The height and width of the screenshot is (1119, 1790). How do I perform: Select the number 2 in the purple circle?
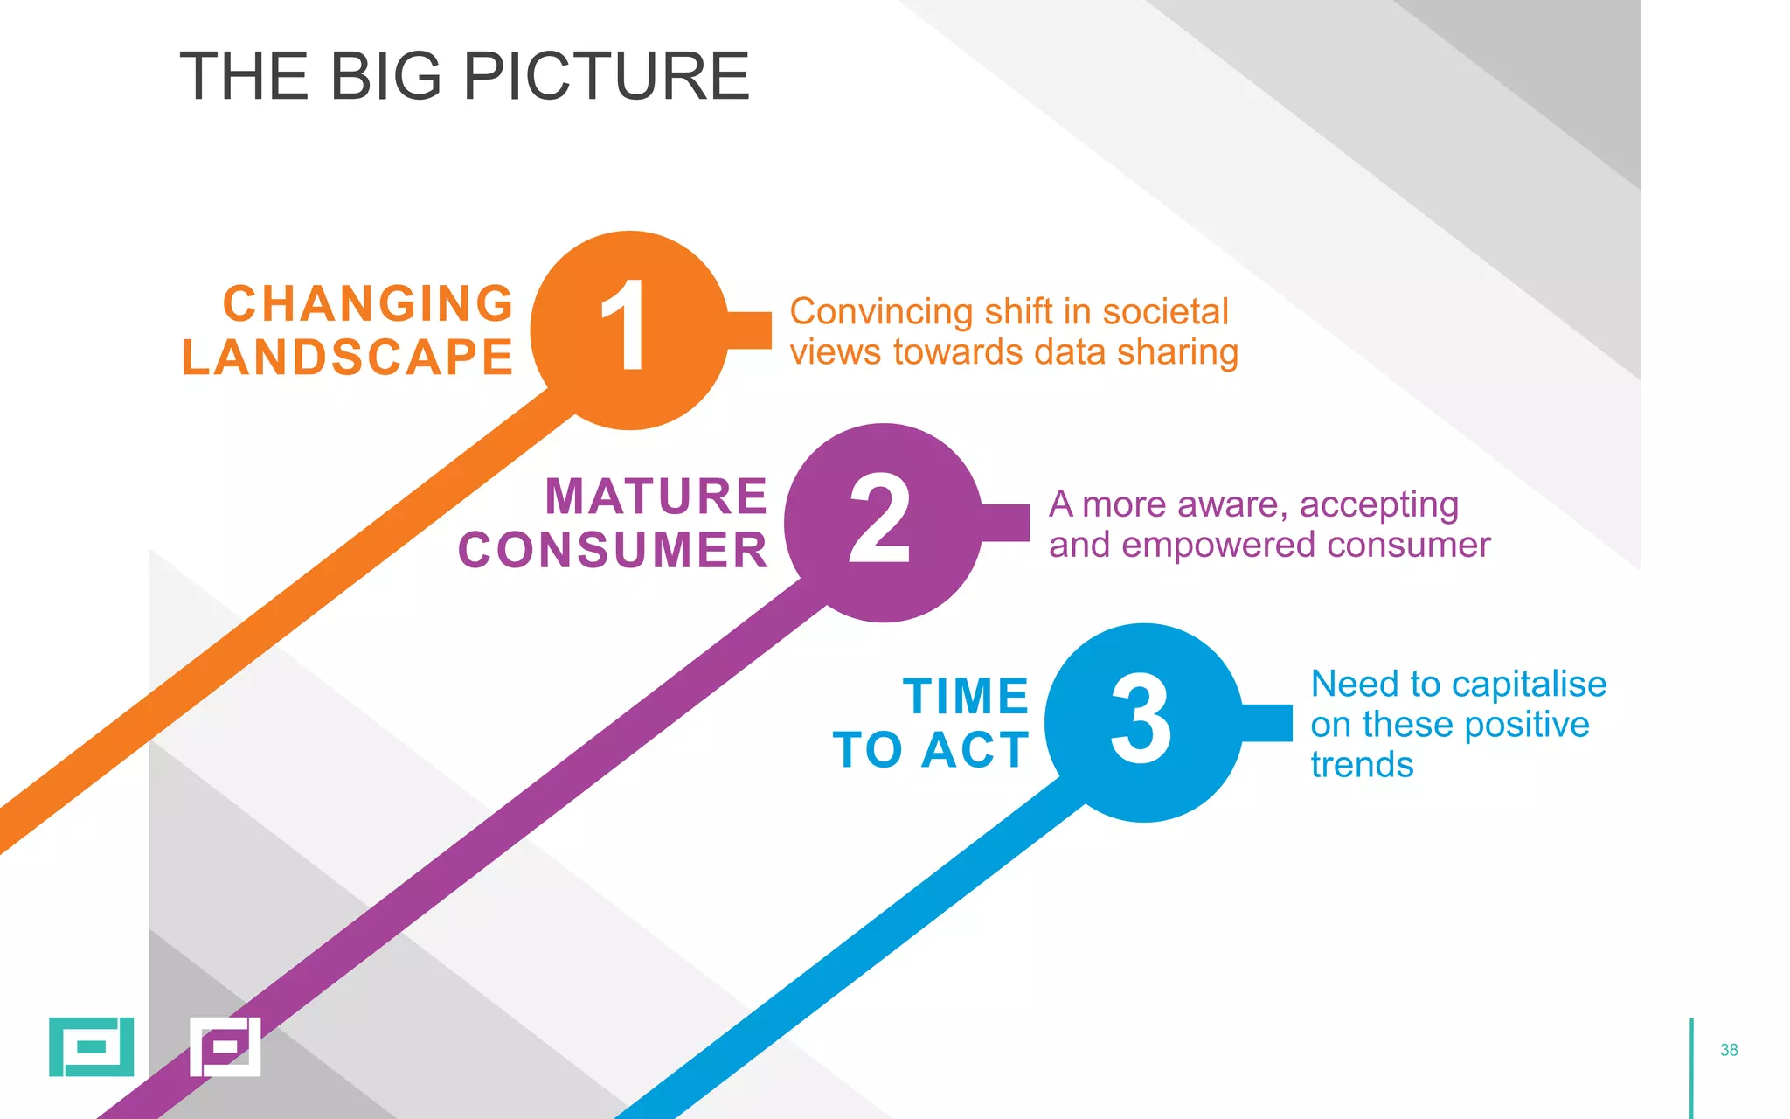point(879,520)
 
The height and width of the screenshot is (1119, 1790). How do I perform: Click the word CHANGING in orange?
point(368,303)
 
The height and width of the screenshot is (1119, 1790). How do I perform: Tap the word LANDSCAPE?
point(347,358)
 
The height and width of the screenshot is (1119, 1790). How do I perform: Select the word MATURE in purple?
point(656,497)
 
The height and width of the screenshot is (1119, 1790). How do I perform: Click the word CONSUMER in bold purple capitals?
point(613,550)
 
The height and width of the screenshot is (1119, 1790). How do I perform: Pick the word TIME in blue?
point(966,697)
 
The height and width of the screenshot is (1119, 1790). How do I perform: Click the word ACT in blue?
point(975,750)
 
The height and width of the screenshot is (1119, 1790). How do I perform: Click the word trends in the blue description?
point(1362,765)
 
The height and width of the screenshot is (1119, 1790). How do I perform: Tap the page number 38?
point(1728,1050)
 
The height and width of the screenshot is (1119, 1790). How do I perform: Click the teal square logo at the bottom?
point(91,1046)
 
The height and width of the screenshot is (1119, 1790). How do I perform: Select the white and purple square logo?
point(225,1046)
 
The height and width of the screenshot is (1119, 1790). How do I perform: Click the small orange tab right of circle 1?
point(750,330)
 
